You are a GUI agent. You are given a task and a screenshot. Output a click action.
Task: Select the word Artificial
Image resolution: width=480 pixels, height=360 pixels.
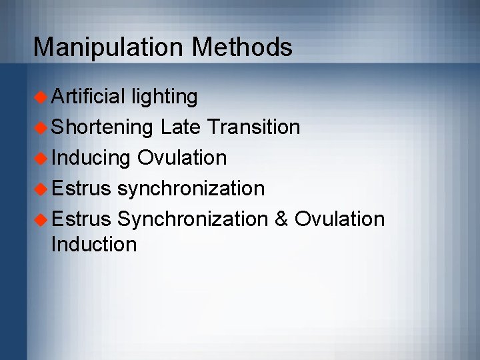coord(89,97)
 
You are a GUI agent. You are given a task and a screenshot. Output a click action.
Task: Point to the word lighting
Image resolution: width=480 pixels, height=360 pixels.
coord(165,97)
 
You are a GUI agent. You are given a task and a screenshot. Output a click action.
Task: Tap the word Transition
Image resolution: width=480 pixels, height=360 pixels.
coord(255,127)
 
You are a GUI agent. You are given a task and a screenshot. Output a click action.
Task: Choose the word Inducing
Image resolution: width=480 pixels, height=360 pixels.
coord(91,158)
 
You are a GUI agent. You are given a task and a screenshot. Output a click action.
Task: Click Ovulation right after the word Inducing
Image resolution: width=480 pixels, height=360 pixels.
coord(182,157)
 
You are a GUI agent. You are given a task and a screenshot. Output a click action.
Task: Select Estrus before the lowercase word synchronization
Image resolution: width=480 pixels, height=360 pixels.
coord(81,188)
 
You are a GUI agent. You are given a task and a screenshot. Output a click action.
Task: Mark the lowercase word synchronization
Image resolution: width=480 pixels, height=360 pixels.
coord(191,189)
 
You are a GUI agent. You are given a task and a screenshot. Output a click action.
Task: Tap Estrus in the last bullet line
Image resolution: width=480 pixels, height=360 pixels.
coord(81,219)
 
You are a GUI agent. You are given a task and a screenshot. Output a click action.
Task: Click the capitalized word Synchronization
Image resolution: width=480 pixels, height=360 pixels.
coord(192,219)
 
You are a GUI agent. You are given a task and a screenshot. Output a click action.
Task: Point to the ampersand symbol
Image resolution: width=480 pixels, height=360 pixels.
coord(281,219)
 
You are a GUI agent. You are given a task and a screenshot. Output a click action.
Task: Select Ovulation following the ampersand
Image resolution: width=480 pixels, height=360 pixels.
coord(339,219)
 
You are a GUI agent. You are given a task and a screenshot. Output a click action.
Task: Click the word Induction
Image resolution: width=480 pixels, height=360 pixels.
coord(94,244)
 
